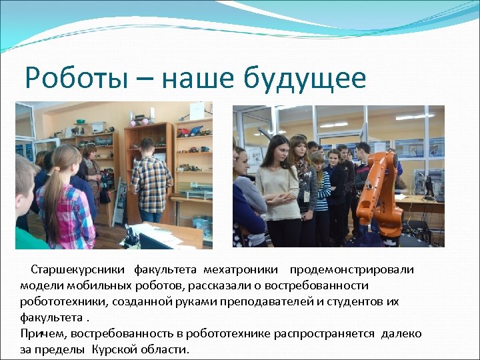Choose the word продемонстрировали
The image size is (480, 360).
[x=351, y=270]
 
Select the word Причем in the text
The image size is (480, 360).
[x=43, y=334]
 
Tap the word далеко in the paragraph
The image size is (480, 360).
[x=402, y=334]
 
